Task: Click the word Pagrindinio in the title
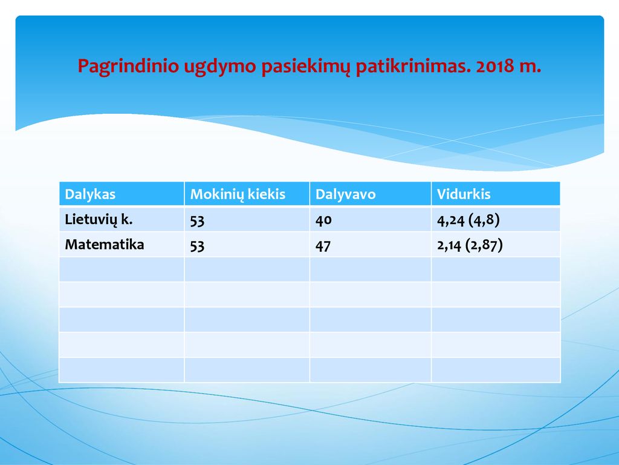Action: click(128, 66)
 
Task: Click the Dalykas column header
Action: click(90, 194)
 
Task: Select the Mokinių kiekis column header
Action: click(238, 194)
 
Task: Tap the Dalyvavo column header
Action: click(345, 194)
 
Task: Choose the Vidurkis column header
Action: click(464, 194)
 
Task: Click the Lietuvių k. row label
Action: click(99, 220)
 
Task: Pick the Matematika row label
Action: click(105, 245)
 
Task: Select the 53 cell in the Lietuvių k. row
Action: click(197, 220)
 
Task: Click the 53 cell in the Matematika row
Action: click(197, 246)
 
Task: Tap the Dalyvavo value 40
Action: click(323, 220)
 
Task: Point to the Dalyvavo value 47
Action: click(323, 246)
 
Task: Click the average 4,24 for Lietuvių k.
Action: click(450, 220)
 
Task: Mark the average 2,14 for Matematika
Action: click(449, 246)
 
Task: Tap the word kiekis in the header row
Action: click(266, 194)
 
